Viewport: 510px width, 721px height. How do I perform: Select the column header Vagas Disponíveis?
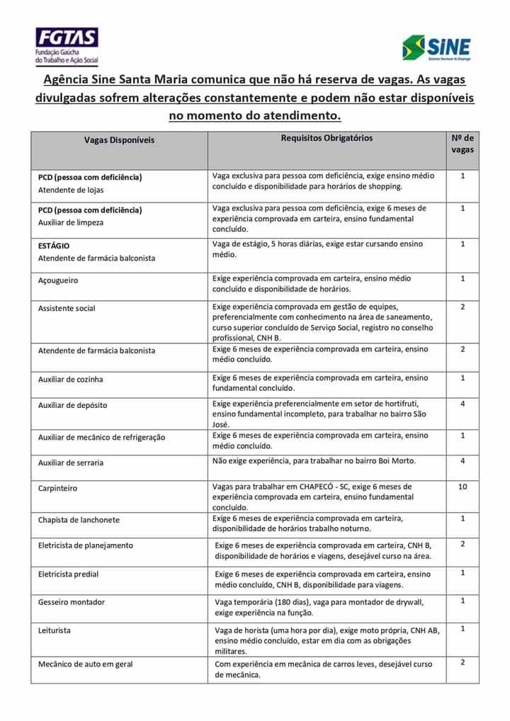pos(119,140)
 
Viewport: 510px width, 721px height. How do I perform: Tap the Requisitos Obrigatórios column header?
pos(327,138)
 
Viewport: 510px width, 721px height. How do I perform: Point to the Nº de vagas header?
pos(462,144)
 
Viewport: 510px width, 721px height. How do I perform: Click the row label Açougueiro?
pos(58,280)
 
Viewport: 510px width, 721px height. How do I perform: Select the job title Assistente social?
pos(67,308)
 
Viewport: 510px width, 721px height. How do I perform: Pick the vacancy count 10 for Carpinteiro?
pos(463,487)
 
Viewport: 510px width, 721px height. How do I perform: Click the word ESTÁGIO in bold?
pos(54,246)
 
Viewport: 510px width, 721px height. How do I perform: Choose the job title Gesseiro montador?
pos(72,602)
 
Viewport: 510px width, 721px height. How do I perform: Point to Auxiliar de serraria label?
pos(71,462)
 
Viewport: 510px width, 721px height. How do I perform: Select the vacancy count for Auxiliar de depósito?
pos(463,404)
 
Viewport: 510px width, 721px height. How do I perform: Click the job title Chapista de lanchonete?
pos(79,520)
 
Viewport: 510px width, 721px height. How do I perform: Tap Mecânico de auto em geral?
pos(86,664)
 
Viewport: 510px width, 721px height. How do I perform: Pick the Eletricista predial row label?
pos(69,574)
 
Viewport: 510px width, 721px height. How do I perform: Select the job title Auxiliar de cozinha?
pos(71,379)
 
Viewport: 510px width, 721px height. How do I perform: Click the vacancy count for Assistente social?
pos(463,307)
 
